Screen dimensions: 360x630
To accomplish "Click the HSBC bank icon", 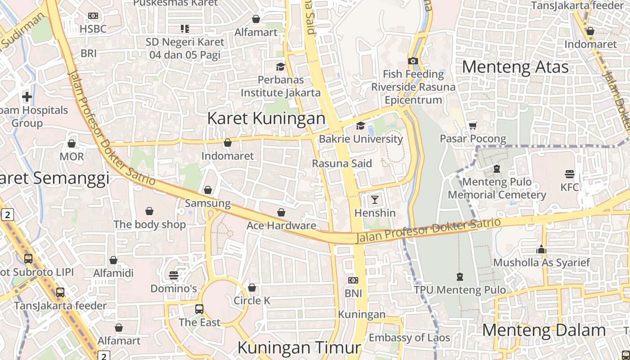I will click(93, 16).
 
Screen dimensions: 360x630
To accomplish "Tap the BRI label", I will click(89, 53).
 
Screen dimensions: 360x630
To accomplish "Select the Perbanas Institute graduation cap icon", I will click(281, 67).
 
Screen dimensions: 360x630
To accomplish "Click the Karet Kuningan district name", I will click(266, 118).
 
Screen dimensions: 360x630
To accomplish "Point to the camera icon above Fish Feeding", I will click(413, 61).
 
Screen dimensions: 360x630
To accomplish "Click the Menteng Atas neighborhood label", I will click(515, 67).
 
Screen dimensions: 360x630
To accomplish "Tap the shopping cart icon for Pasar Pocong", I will click(472, 126).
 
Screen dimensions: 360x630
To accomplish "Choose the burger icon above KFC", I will click(570, 174).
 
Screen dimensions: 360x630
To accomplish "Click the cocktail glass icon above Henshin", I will click(375, 199).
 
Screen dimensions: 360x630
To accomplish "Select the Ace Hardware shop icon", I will click(281, 212).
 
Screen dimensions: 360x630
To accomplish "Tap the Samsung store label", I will click(208, 203).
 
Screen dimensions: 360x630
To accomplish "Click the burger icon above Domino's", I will click(174, 275).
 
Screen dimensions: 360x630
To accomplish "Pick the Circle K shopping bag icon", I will click(252, 288).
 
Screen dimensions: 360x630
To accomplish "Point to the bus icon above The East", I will click(199, 309).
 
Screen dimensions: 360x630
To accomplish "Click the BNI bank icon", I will click(353, 280).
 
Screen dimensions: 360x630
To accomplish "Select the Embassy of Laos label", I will click(409, 337).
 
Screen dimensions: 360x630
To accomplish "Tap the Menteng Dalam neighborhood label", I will click(544, 330).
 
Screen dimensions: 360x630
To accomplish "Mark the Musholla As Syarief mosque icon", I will click(541, 249).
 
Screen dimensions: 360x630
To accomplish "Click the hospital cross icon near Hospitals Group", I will click(27, 97).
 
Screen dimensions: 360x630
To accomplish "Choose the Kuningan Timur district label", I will click(299, 347).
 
